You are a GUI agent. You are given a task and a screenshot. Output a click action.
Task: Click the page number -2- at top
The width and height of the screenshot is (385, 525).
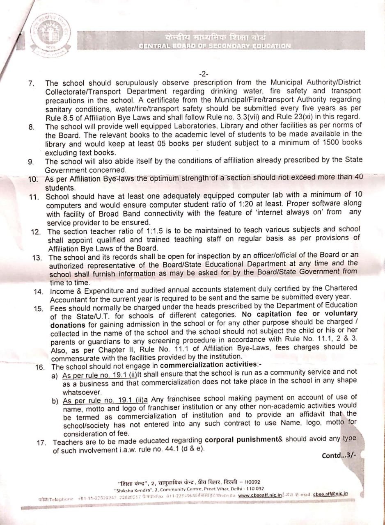point(204,74)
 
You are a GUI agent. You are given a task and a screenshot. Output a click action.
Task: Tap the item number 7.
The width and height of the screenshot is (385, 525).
point(31,84)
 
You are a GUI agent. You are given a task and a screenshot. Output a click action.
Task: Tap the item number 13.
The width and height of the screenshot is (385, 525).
point(38,258)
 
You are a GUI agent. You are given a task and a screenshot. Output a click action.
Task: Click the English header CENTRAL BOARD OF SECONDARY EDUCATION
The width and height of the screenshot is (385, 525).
point(215,46)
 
